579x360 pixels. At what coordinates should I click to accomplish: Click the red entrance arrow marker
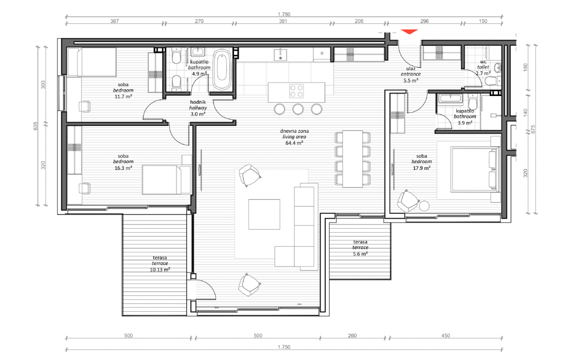tap(409, 31)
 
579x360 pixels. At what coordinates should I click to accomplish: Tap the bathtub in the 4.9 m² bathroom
tap(222, 69)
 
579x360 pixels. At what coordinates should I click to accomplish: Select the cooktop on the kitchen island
tap(296, 91)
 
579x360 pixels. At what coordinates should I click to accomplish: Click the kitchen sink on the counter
tap(280, 55)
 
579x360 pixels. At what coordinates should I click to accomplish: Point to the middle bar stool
tap(298, 109)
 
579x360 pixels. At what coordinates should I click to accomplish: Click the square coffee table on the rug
tap(264, 214)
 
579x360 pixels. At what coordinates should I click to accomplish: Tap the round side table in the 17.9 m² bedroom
tap(424, 206)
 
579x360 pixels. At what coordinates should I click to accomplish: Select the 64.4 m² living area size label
tap(294, 143)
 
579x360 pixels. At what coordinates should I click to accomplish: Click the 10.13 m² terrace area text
tap(160, 270)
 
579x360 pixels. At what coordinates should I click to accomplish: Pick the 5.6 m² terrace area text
tap(360, 254)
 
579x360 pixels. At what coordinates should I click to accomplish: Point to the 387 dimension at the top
tap(114, 21)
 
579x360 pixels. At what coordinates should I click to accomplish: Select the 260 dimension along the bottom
tap(352, 335)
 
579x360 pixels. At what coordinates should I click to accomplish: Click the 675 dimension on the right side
tap(533, 129)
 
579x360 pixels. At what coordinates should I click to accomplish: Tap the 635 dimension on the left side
tap(35, 126)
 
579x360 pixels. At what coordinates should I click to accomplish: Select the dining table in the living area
tap(353, 159)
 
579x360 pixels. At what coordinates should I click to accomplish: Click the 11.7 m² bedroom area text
tap(124, 97)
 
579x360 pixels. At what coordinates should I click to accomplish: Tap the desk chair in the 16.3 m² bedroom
tap(84, 188)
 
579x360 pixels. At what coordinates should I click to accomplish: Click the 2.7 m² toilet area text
tap(483, 73)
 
